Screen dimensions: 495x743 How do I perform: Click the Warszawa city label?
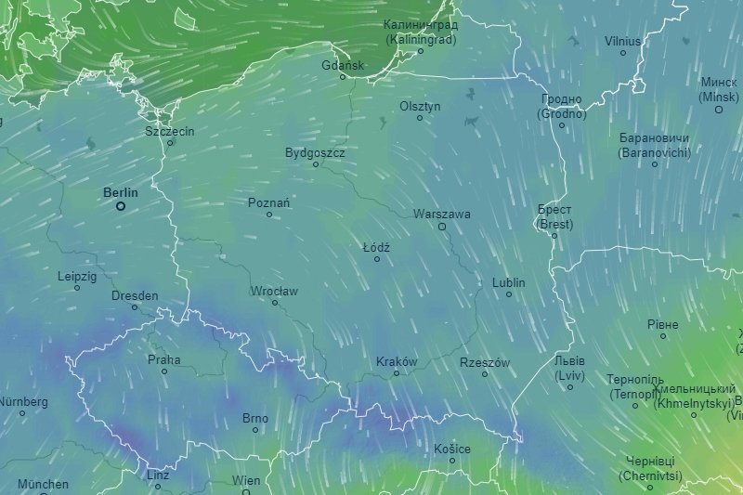pos(442,214)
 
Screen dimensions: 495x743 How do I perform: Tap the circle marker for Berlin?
pos(121,206)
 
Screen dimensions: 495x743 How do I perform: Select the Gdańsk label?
pos(343,65)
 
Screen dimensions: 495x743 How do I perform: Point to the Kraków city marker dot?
pos(397,373)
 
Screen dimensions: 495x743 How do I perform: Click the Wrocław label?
pos(274,291)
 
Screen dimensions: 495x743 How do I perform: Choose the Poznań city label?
pos(269,202)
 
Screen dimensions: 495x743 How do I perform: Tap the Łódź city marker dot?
pos(377,259)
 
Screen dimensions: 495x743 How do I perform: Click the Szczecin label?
pos(170,131)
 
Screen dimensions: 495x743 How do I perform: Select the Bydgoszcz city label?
pos(315,151)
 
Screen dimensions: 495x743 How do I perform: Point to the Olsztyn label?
pos(420,106)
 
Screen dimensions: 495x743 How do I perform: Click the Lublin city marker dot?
pos(509,294)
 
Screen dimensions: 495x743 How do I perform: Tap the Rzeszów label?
pos(485,362)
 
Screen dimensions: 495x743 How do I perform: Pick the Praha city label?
pos(164,359)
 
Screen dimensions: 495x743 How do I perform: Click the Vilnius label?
pos(622,41)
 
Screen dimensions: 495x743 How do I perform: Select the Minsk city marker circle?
pos(719,110)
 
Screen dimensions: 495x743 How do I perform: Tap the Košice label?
pos(452,449)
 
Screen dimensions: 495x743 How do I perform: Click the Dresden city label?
pos(135,295)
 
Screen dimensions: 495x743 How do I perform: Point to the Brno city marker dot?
pos(255,430)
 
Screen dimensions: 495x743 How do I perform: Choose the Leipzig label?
pos(77,276)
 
